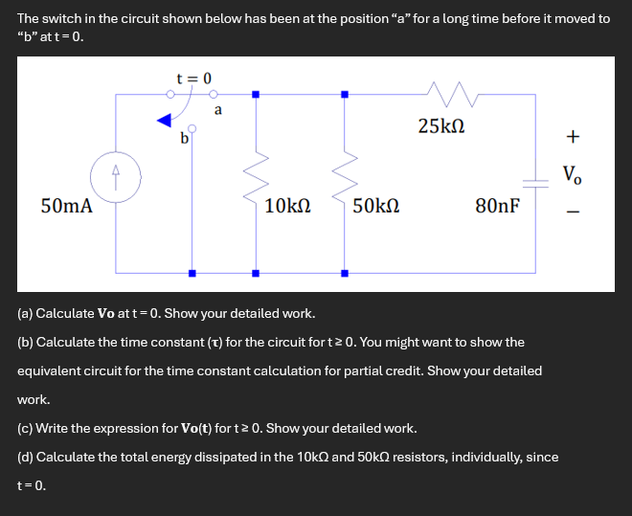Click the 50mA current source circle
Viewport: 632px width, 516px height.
click(116, 179)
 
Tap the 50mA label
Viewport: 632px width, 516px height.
click(67, 205)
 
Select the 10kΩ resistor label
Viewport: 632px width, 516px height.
click(287, 205)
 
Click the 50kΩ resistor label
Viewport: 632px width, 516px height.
click(375, 205)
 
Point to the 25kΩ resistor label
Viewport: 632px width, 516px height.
click(441, 125)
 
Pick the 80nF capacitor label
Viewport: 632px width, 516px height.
click(497, 205)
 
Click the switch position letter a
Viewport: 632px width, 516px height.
click(218, 110)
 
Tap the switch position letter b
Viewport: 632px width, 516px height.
click(184, 139)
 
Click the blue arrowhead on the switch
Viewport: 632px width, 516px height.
click(165, 120)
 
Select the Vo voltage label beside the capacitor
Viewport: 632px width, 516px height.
click(572, 174)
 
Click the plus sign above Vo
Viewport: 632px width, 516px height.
click(572, 137)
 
